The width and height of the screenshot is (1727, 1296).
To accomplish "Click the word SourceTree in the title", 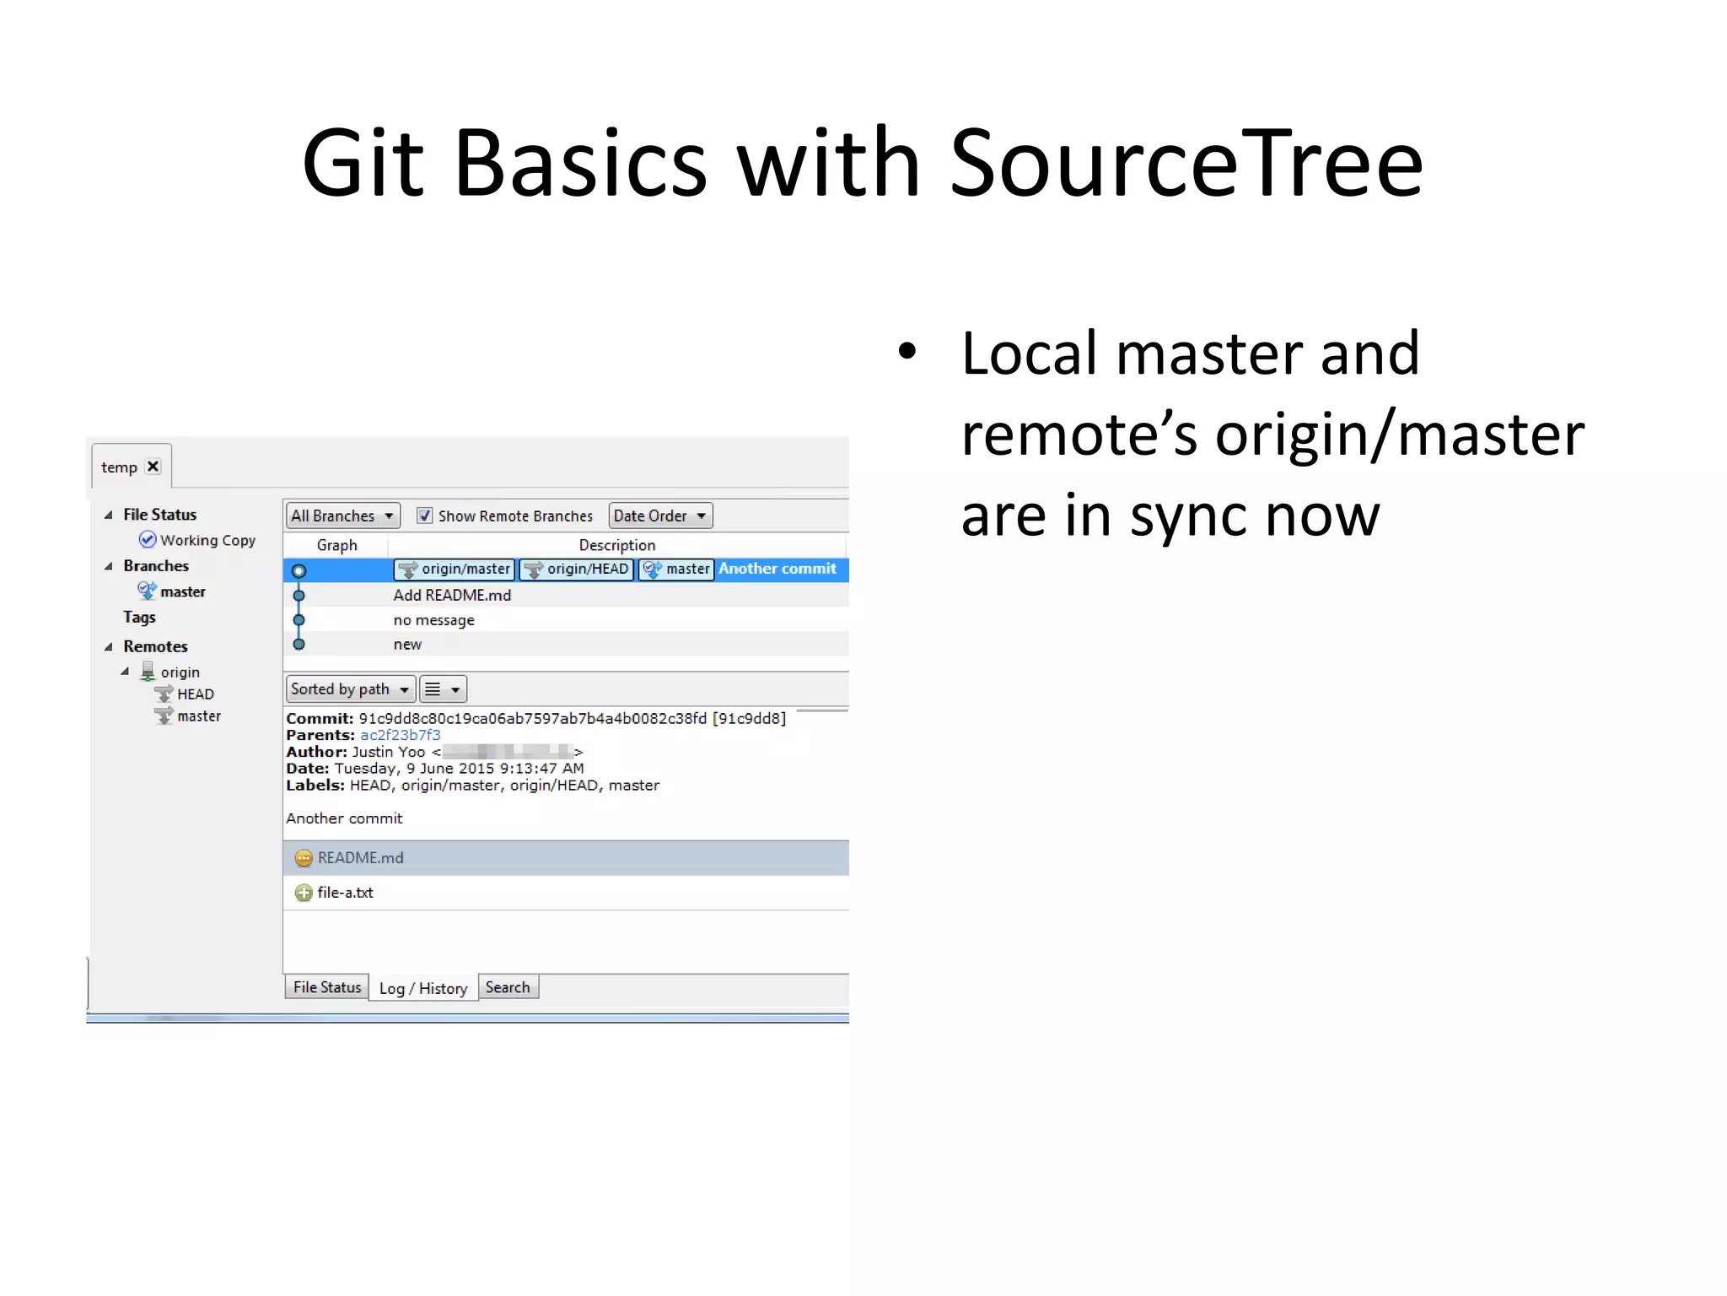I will point(1186,163).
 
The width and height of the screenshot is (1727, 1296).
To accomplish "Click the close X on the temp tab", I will point(153,467).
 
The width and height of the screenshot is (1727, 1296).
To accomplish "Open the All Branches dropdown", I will point(342,516).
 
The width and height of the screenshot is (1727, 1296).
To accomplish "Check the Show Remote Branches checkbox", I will point(425,516).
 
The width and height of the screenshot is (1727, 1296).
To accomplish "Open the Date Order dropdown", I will point(660,516).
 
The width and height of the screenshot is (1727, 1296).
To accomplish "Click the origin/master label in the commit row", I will point(455,570).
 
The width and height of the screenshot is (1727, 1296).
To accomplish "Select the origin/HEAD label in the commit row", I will point(577,570).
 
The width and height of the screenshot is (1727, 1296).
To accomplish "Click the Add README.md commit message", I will point(452,596).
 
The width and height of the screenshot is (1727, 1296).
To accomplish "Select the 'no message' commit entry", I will point(433,620).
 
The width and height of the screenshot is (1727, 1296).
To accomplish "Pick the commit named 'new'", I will point(407,645).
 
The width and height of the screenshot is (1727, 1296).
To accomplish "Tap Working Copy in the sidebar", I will point(207,540).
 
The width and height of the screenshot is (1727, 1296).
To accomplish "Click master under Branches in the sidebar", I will point(182,591).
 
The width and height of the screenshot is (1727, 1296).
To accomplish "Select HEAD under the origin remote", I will point(195,694).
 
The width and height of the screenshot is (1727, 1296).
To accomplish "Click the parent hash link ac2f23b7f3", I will point(400,735).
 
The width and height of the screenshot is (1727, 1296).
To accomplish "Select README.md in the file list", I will point(360,858).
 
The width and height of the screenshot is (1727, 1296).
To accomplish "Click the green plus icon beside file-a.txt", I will point(304,893).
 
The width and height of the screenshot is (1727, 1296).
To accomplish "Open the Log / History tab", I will point(422,988).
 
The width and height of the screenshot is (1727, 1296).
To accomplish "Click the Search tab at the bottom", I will point(508,987).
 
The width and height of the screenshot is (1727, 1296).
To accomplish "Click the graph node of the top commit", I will point(299,571).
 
